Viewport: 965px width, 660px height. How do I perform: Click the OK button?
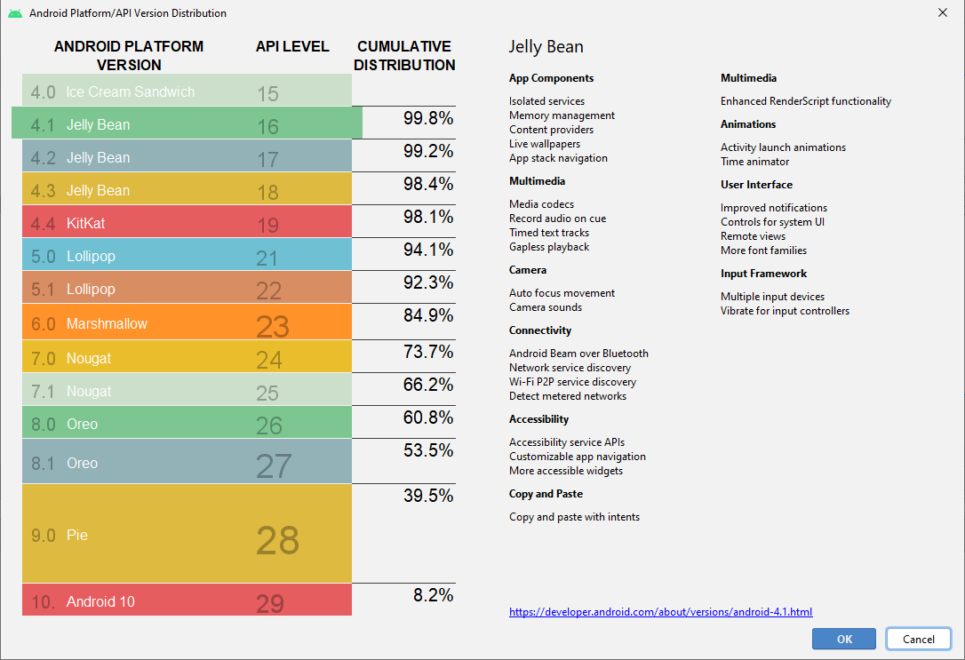[844, 639]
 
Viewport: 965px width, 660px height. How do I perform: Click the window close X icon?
[942, 12]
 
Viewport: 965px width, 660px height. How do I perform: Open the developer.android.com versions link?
[660, 612]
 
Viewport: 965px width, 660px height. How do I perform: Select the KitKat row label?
[85, 223]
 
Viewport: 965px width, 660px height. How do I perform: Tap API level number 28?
[277, 540]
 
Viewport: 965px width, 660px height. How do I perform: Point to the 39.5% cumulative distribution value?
[428, 495]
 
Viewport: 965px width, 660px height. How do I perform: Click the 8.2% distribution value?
[434, 595]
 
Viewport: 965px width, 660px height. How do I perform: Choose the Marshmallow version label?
[107, 323]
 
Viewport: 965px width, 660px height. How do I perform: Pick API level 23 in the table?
[273, 326]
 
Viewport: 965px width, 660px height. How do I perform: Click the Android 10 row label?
[100, 601]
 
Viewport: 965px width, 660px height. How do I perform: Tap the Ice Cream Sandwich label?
[130, 91]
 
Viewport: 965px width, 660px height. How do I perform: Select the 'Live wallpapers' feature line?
[545, 144]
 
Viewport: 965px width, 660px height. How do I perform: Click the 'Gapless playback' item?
[549, 247]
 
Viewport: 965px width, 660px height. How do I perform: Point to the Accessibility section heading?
[538, 419]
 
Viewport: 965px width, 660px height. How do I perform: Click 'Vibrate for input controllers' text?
[785, 311]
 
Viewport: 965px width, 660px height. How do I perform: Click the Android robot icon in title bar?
[15, 12]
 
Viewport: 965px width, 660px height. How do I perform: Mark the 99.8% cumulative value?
[428, 118]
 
